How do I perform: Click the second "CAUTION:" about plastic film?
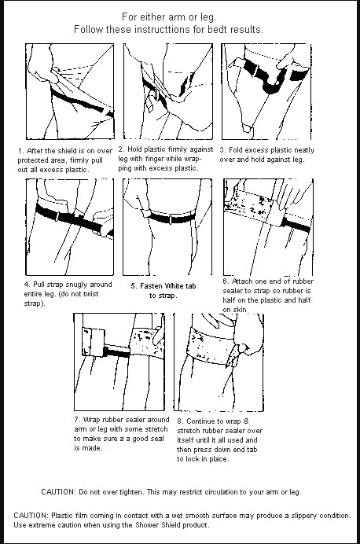32,515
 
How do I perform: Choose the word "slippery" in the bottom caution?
303,515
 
